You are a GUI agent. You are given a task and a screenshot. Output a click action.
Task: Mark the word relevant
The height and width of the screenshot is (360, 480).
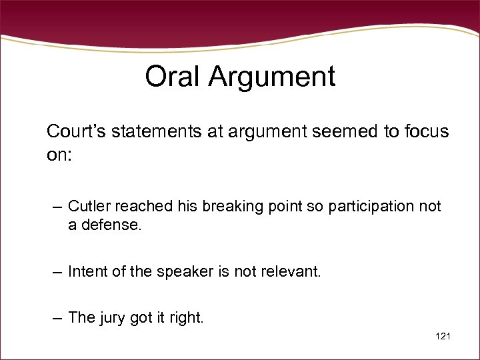click(x=291, y=272)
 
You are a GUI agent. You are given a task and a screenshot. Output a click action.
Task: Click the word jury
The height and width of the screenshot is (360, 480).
click(x=113, y=319)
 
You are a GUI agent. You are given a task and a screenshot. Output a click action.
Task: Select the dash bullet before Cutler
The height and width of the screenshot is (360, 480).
click(x=57, y=207)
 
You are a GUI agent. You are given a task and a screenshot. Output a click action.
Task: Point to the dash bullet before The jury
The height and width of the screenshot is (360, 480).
click(x=57, y=319)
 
